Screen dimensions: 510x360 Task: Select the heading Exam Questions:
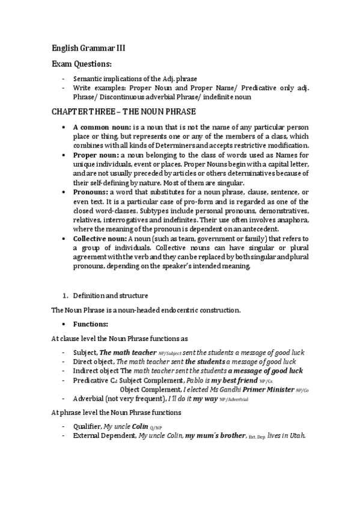point(81,64)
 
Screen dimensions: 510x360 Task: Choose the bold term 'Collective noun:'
point(99,239)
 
